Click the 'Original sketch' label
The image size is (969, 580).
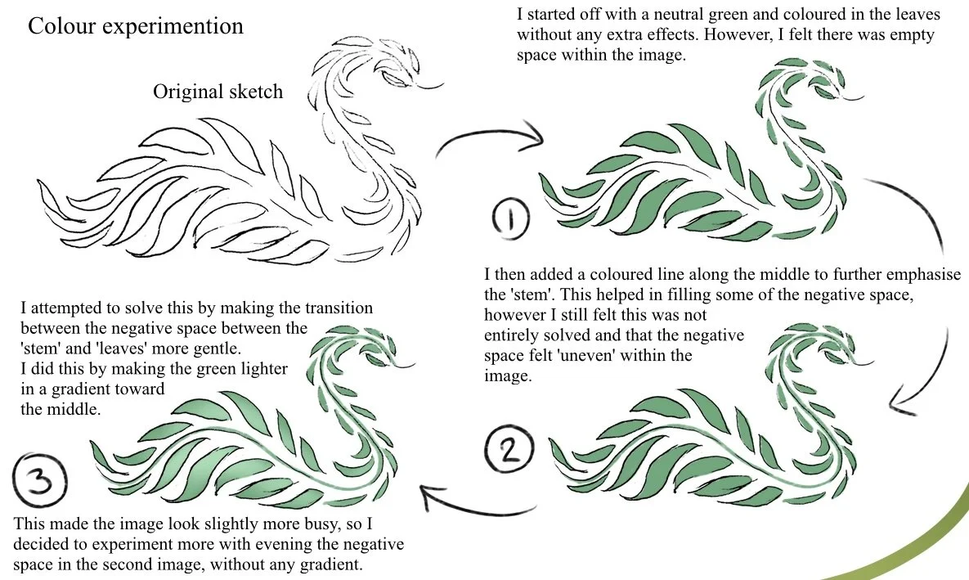click(x=218, y=91)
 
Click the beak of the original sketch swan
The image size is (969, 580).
click(x=431, y=83)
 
